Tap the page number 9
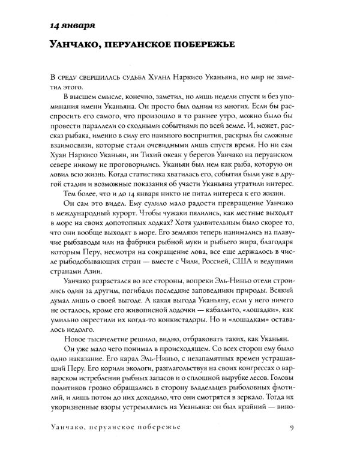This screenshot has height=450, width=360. tap(307, 427)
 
